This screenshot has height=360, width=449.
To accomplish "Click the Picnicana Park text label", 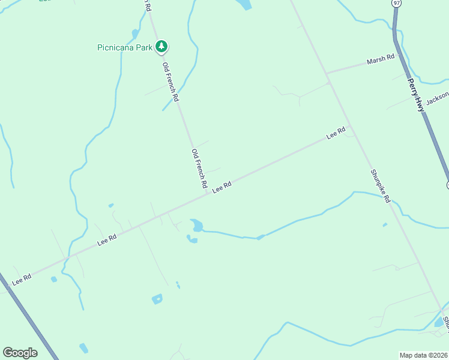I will click(x=125, y=47).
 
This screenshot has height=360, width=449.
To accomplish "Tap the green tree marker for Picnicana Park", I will click(x=161, y=46).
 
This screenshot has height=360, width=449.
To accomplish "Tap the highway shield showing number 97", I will click(x=396, y=3).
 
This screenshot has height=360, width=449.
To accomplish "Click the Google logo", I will click(x=20, y=353).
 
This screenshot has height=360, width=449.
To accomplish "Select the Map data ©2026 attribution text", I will click(x=423, y=355).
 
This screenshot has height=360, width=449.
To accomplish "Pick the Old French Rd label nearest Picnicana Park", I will click(x=170, y=80).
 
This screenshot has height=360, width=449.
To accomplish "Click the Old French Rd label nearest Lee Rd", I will click(x=199, y=167).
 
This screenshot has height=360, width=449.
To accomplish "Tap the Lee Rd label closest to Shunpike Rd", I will click(x=336, y=133).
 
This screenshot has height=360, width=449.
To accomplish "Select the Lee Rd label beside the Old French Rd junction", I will click(x=221, y=187).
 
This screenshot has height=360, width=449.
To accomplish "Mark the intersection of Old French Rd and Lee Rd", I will click(x=206, y=193).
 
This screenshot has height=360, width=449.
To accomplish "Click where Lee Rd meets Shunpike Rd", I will click(x=351, y=127).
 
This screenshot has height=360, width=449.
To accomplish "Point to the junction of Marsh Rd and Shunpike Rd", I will click(x=328, y=74).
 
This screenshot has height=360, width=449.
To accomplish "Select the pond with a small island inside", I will click(x=157, y=298).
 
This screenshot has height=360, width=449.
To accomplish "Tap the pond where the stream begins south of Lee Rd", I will click(x=196, y=225).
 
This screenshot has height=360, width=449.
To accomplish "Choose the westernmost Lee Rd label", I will click(x=21, y=279).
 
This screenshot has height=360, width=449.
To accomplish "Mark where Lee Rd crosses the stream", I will click(x=68, y=256).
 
